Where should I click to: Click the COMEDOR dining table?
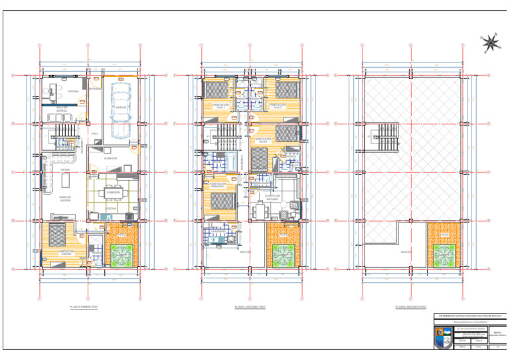[114, 193]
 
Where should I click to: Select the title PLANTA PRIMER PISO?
[84, 308]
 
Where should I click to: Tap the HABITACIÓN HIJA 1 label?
[220, 106]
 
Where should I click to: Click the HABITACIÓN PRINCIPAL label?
[220, 187]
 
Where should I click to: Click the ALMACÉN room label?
[111, 158]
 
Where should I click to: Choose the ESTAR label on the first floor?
[65, 169]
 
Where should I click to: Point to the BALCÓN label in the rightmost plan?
[406, 252]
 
